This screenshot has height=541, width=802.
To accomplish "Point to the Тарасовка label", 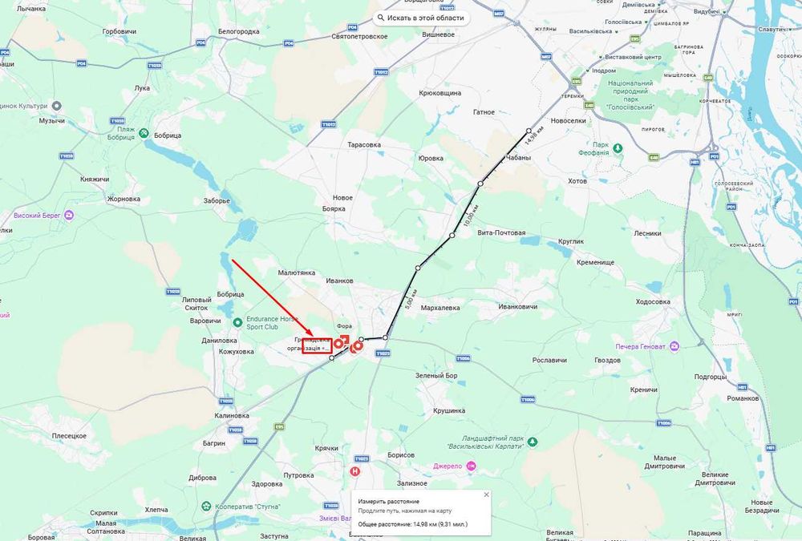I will point(363,145).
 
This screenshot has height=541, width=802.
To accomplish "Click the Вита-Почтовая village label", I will point(501,233).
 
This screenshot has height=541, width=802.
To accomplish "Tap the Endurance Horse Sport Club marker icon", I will point(237,322).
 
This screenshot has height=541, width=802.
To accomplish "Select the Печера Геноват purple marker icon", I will point(674,346).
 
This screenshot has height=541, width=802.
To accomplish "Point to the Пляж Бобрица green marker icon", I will point(144,133).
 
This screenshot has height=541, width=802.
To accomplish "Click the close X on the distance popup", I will point(485,495).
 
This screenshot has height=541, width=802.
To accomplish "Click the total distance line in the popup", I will point(412,523).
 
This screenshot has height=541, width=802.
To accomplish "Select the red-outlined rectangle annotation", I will point(317,346).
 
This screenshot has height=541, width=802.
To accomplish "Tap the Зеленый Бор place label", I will point(436,376).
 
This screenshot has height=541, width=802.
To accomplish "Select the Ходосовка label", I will point(652,302).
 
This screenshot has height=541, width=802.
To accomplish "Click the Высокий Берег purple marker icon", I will point(69,215).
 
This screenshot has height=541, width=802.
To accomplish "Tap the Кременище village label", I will point(595,262).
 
